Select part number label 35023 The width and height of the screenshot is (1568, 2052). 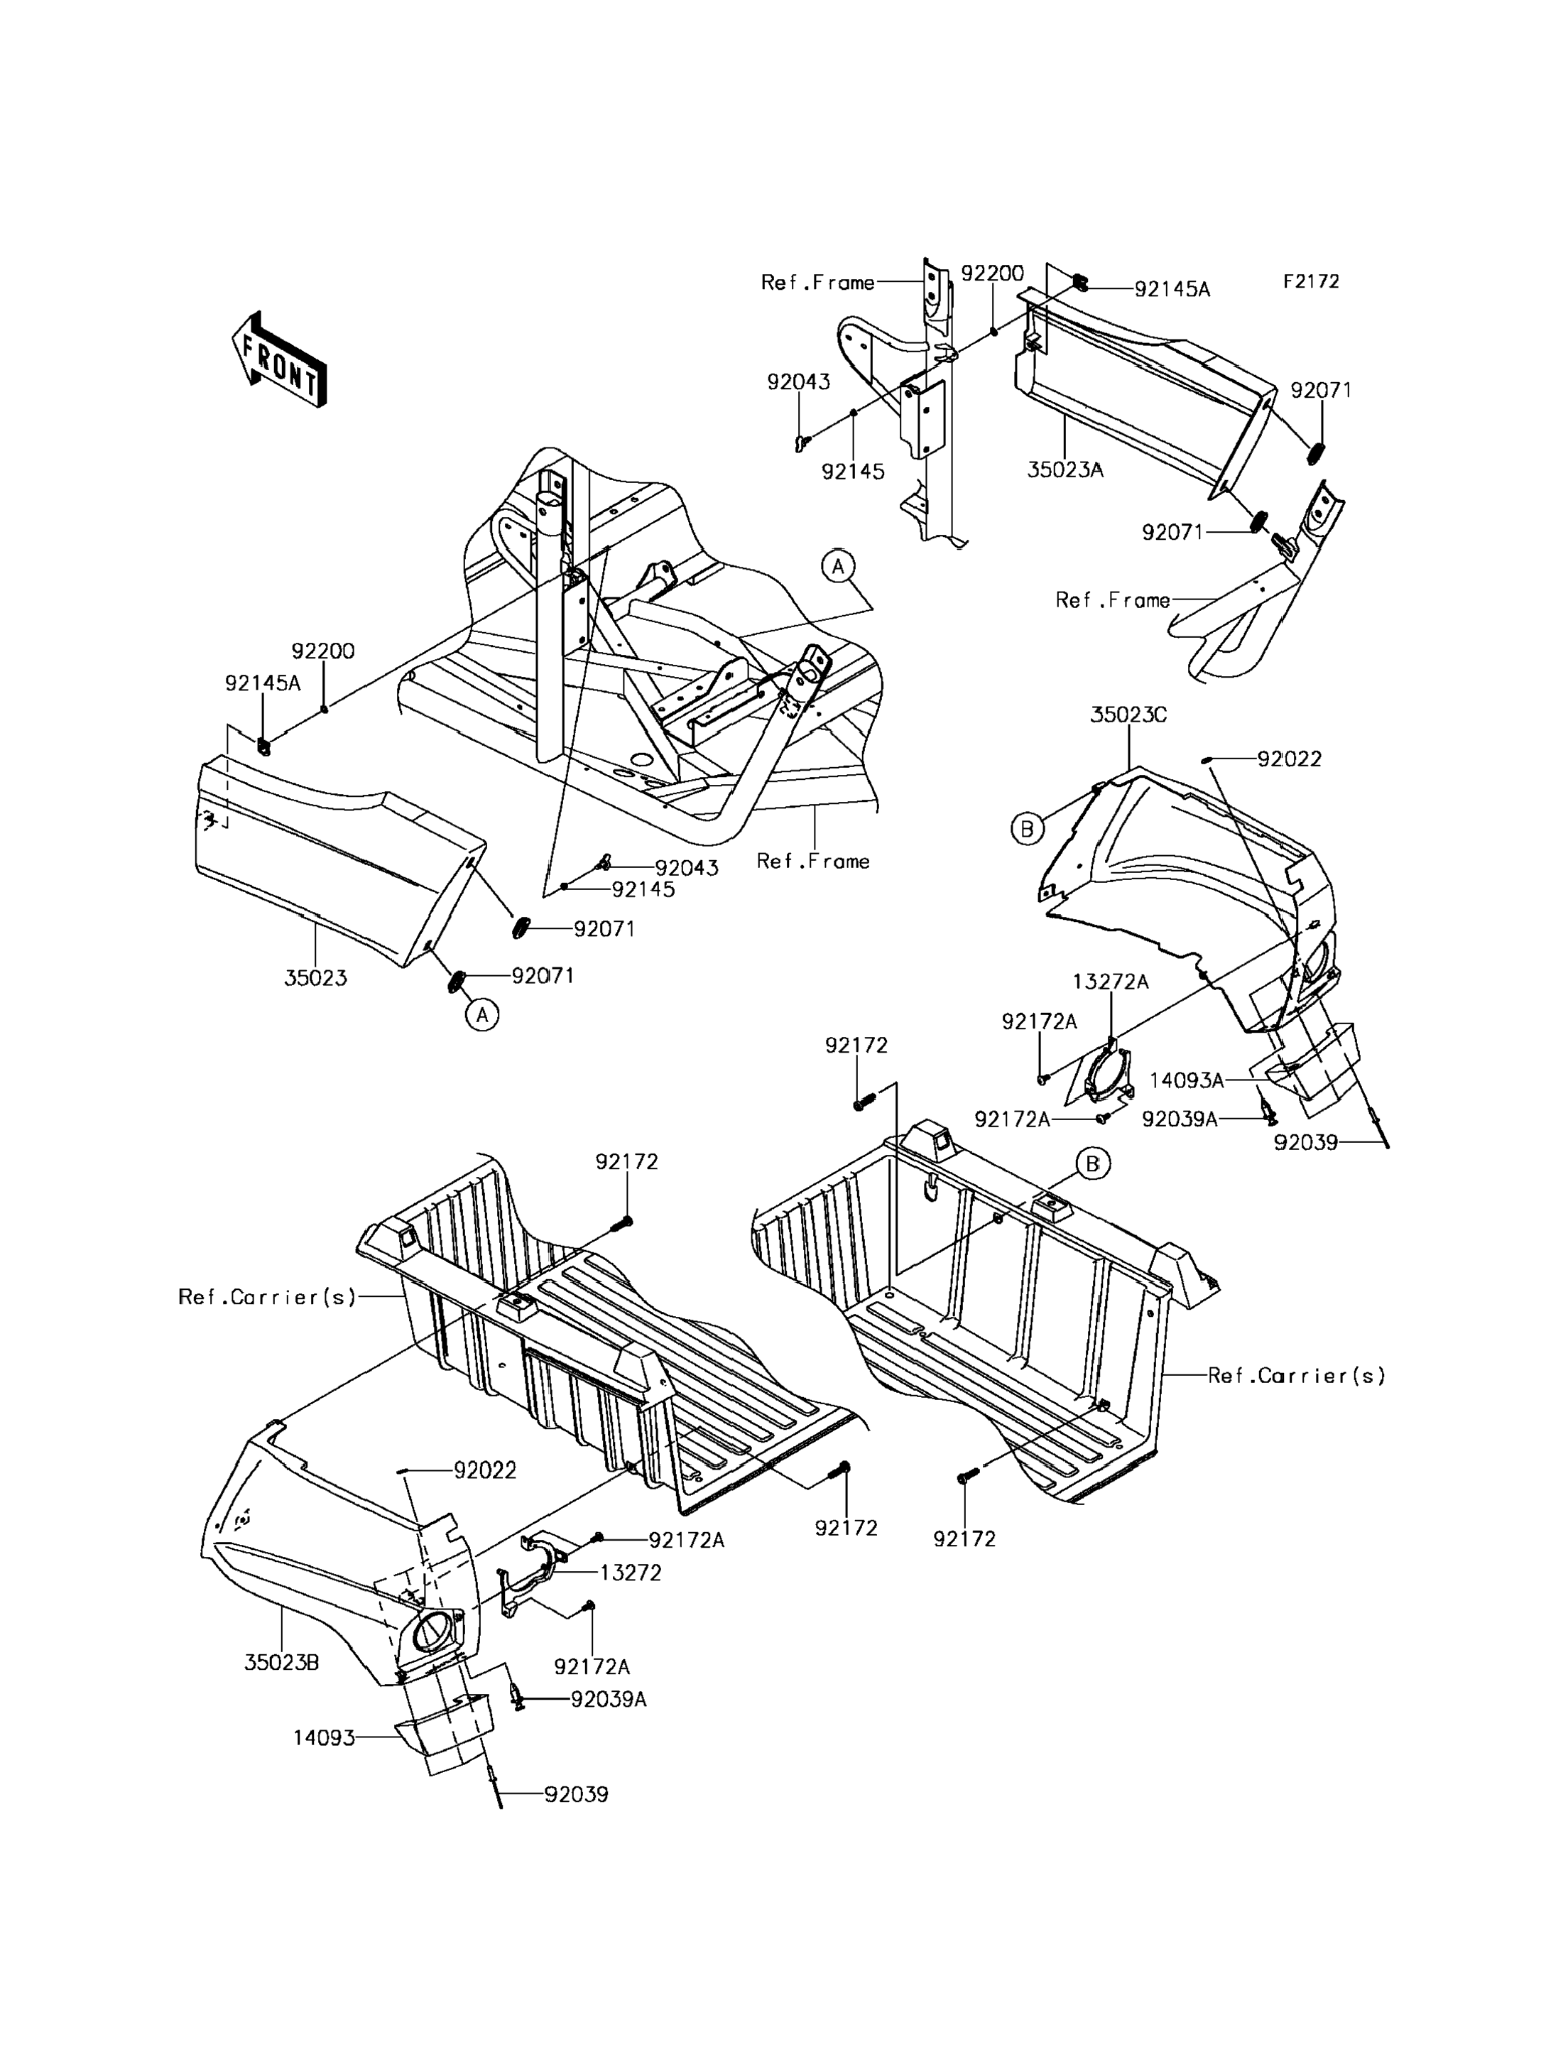tap(315, 977)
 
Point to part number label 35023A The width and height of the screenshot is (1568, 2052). tap(1065, 469)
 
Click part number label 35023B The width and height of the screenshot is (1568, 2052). tap(282, 1662)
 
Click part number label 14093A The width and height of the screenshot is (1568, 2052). tap(1186, 1080)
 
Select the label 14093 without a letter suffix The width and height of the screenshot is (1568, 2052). tap(324, 1737)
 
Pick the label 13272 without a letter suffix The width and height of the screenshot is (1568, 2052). tap(630, 1572)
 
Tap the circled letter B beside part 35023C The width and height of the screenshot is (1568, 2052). tap(1028, 827)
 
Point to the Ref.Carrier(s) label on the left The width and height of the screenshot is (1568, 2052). tap(268, 1297)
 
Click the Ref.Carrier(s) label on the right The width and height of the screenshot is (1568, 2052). tap(1297, 1375)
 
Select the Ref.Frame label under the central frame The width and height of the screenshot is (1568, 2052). tap(813, 861)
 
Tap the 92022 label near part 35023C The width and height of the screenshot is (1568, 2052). tap(1289, 759)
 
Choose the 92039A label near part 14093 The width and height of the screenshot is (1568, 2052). tap(609, 1699)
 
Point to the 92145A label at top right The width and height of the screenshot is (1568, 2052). tap(1172, 289)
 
